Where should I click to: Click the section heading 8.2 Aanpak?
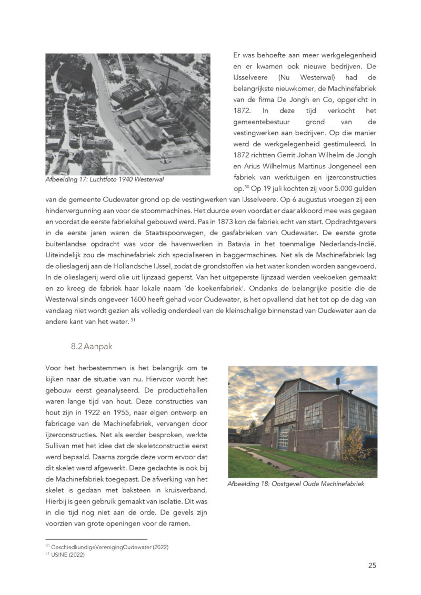coord(92,347)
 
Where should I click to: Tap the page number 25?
coord(372,566)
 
